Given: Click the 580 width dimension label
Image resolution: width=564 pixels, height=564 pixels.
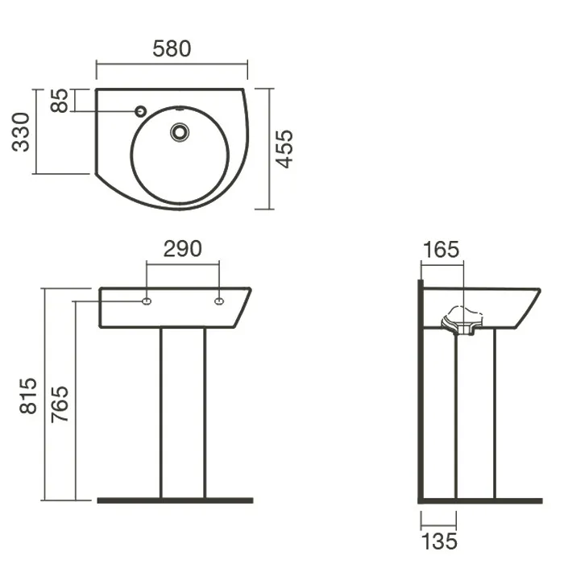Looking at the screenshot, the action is click(172, 49).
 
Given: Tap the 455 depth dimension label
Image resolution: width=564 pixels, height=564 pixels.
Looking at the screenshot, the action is click(284, 149).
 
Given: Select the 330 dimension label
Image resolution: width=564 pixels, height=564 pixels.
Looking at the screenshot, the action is click(20, 132).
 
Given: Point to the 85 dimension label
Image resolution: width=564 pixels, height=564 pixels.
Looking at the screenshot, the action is click(59, 101).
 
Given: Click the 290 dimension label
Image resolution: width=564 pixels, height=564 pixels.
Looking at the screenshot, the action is click(182, 249).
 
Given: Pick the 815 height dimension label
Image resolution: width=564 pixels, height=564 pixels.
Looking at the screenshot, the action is click(28, 396).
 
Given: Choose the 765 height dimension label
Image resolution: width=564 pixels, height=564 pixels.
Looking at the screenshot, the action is click(60, 404).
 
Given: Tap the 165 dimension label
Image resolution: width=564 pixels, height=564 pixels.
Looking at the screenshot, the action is click(441, 250).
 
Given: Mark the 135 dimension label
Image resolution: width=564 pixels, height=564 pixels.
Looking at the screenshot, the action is click(439, 541).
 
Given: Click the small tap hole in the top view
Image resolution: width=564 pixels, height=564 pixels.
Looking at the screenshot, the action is click(141, 111).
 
